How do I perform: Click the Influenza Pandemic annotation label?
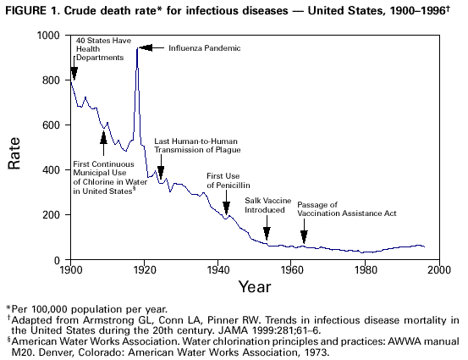pyautogui.click(x=204, y=48)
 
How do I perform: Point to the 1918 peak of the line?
pyautogui.click(x=137, y=49)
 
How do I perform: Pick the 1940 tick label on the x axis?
pyautogui.click(x=217, y=272)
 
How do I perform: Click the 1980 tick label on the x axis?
pyautogui.click(x=364, y=272)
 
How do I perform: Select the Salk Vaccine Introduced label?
pyautogui.click(x=267, y=204)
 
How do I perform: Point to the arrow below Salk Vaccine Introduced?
pyautogui.click(x=267, y=231)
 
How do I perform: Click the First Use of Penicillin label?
pyautogui.click(x=227, y=180)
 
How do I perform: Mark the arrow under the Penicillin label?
pyautogui.click(x=226, y=207)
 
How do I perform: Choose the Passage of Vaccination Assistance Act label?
pyautogui.click(x=346, y=209)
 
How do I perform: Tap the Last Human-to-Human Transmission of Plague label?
pyautogui.click(x=197, y=145)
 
